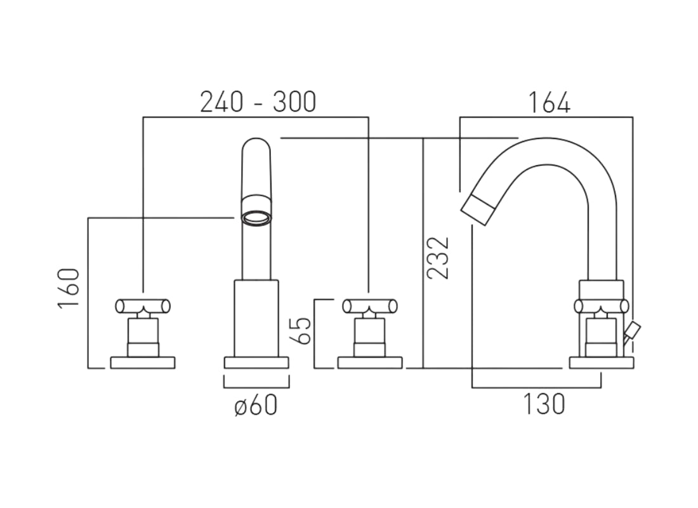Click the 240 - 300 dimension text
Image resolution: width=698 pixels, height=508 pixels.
point(258,102)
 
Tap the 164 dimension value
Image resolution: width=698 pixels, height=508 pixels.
point(550,102)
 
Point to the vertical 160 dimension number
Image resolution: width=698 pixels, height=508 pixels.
point(69,289)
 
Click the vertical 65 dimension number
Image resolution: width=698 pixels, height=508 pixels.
point(303,330)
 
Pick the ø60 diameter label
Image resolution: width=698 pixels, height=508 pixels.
point(256,404)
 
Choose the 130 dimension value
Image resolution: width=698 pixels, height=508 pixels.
point(544,404)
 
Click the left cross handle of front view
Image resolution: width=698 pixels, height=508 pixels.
point(143,306)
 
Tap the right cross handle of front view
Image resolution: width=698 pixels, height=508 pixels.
point(369,306)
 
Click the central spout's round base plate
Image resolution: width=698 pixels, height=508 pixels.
point(256,363)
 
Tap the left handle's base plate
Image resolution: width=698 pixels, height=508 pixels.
point(143,363)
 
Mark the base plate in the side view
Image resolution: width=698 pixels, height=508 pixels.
point(600,363)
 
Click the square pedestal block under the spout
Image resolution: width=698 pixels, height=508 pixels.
point(256,317)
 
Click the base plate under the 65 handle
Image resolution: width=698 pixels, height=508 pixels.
point(370,363)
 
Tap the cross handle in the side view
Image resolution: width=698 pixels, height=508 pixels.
point(601,306)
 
